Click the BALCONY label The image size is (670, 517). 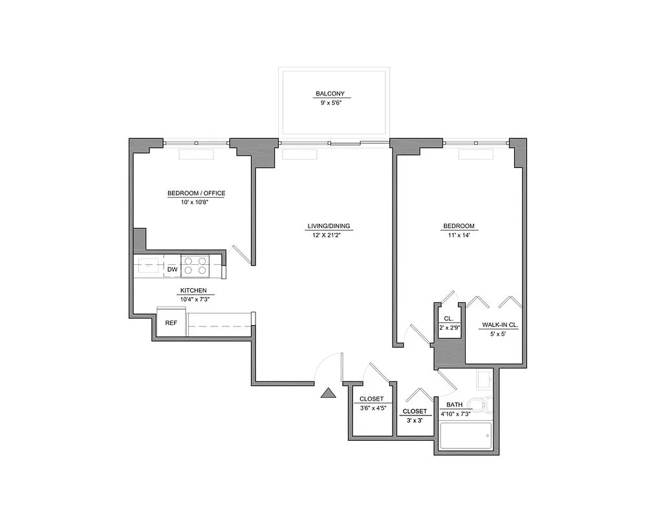coord(333,94)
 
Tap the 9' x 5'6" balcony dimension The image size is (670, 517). coord(333,103)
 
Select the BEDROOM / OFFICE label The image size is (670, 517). coord(196,193)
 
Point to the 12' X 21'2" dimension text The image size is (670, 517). coord(326,235)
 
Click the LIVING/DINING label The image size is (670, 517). coord(329,226)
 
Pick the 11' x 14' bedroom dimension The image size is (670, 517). coord(459,235)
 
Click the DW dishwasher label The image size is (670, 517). coord(173,269)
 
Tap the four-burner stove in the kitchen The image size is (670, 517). coord(194,266)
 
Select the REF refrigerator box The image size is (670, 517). coord(171,323)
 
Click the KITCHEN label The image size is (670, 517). coord(193,290)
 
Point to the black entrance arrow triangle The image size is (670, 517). coord(329,393)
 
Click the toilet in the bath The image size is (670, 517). coord(479,405)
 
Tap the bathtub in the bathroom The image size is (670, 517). coord(465,436)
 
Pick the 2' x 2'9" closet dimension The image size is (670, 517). coord(449,328)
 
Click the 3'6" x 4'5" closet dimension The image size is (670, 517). coord(372,408)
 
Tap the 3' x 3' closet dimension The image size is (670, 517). coord(414,420)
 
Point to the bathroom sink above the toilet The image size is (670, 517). coord(484,379)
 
